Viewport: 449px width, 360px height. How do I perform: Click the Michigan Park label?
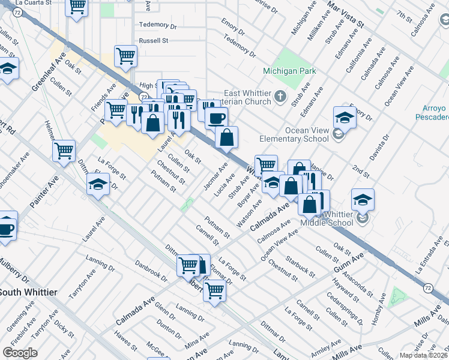tap(289, 71)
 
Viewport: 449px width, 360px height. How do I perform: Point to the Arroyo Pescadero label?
tap(432, 112)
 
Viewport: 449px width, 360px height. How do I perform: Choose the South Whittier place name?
tap(29, 292)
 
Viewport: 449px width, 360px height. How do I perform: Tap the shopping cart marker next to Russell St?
tap(126, 56)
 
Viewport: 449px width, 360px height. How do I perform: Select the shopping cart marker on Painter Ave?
tap(64, 151)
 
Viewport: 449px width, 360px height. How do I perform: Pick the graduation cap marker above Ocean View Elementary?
tap(345, 116)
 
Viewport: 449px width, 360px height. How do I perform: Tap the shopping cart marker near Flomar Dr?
tap(214, 291)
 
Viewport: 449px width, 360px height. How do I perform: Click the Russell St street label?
tap(154, 41)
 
